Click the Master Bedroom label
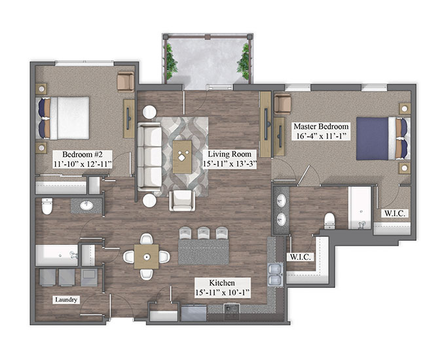coord(321,126)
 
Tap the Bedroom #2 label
coord(83,154)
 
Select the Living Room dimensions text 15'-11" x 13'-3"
coord(229,164)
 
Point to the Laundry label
coord(66,300)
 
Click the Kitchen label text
coord(222,283)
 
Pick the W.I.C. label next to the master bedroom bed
coord(395,213)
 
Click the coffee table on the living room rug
coord(182,156)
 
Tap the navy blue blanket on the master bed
coord(372,139)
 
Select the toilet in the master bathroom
coord(329,221)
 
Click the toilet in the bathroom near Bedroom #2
coord(47,206)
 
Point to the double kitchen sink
coord(276,275)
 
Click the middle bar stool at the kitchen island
coord(204,232)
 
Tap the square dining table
coord(147,257)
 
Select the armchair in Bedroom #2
coord(126,81)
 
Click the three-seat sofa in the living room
coord(149,156)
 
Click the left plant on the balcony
coord(170,62)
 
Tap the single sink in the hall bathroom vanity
coord(86,206)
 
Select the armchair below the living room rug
coord(182,200)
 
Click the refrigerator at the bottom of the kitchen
coord(194,313)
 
